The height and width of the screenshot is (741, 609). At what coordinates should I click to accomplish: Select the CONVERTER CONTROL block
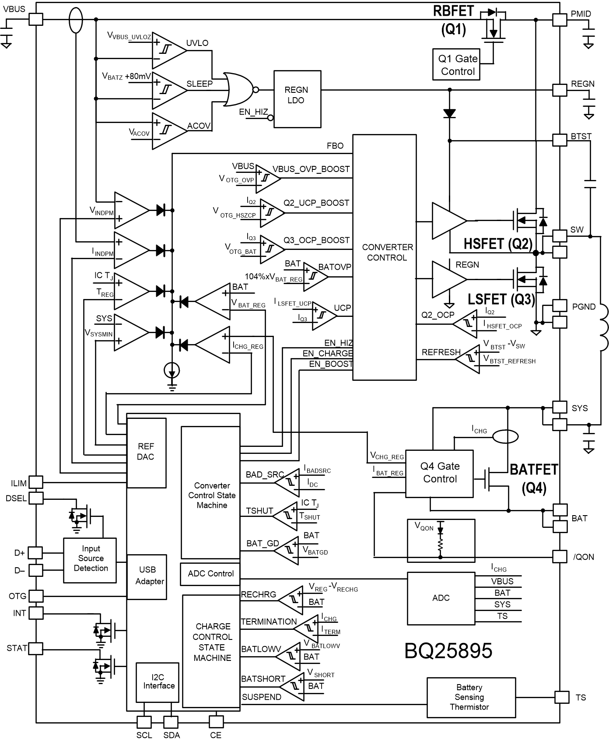coord(384,257)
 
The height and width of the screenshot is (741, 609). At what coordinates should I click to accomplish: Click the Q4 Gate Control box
coord(439,473)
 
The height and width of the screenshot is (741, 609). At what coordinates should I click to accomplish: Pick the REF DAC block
coord(146,453)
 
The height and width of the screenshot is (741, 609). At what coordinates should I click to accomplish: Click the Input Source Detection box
coord(90,560)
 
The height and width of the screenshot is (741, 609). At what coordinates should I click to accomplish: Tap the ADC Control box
coord(210,574)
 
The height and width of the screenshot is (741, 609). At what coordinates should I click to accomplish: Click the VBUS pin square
coord(35,19)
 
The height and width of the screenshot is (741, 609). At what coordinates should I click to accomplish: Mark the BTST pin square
coord(560,140)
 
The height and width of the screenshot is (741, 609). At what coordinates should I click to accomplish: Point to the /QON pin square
coord(560,556)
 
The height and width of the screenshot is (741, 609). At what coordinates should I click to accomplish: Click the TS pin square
coord(561,697)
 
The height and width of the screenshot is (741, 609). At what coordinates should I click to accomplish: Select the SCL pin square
coord(144,722)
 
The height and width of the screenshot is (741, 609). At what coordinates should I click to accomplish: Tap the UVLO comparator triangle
coord(168,50)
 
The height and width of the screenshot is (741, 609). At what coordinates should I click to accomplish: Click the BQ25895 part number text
coord(448,651)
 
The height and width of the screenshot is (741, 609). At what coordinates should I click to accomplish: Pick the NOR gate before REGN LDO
coord(239,90)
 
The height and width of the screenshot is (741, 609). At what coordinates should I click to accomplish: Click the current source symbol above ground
coord(172,371)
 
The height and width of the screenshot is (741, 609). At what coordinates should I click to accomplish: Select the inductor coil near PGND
coord(603,326)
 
